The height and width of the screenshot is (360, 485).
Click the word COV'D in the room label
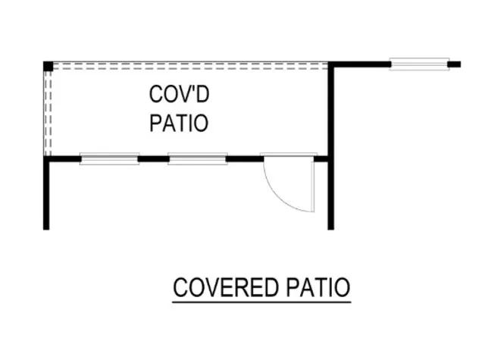point(179,95)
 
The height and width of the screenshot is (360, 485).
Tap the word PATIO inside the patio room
point(179,123)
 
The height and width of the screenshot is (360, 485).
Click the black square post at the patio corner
point(48,66)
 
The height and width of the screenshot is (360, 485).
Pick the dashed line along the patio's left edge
point(48,114)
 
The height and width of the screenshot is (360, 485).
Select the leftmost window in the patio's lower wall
point(110,159)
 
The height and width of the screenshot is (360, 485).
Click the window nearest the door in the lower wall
point(198,159)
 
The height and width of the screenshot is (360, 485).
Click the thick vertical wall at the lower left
point(47,193)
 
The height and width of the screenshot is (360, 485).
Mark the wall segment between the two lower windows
point(154,159)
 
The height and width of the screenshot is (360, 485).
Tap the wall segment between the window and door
point(244,159)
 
